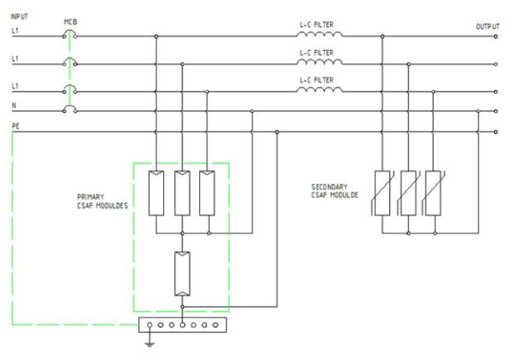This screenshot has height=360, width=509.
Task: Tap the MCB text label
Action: click(x=71, y=22)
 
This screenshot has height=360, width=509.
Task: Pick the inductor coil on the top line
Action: click(x=322, y=36)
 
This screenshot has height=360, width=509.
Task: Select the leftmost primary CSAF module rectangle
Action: click(x=157, y=192)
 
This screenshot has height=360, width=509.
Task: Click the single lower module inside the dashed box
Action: click(x=182, y=274)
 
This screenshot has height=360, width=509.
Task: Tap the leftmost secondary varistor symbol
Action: click(x=382, y=192)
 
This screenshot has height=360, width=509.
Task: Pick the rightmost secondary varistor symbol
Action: click(x=432, y=192)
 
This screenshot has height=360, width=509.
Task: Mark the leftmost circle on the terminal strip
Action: click(x=149, y=324)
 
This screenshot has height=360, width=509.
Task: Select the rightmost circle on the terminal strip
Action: click(x=216, y=324)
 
